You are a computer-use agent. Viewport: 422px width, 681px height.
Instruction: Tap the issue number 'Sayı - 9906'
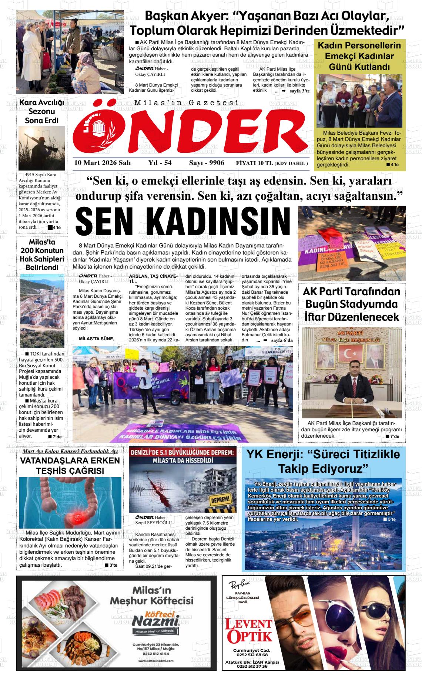[207, 163]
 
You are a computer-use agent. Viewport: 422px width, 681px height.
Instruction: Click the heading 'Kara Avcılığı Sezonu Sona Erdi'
[42, 111]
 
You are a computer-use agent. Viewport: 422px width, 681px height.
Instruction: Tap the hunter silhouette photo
[42, 148]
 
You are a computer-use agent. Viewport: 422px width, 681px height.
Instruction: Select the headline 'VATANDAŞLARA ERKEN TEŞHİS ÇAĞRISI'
[70, 465]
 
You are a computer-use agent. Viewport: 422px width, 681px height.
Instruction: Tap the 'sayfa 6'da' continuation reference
[282, 340]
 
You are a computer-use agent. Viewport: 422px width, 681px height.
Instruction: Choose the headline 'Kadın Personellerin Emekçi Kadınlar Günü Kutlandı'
[359, 56]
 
